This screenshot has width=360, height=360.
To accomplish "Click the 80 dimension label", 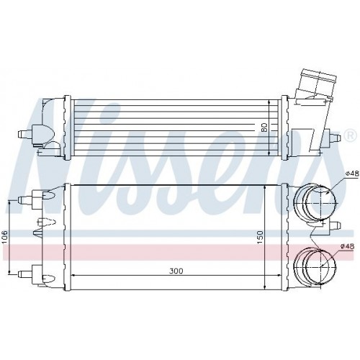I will click(264, 127).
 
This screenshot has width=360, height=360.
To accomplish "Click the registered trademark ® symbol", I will click(350, 135).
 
